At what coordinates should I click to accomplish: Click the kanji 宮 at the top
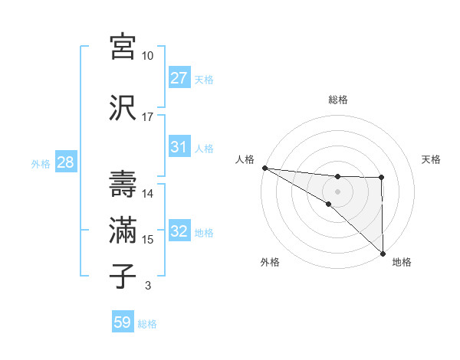tap(123, 47)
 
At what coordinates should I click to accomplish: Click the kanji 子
tap(123, 275)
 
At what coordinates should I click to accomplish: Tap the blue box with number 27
tap(179, 78)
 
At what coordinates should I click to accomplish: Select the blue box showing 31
tap(179, 147)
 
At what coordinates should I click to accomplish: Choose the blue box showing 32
tap(179, 231)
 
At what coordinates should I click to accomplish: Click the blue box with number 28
tap(64, 162)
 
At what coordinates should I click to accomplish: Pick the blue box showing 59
tap(123, 322)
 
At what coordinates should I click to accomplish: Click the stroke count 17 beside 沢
tap(147, 117)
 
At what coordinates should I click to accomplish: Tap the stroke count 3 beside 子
tap(147, 286)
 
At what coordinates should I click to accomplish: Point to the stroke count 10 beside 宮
tap(147, 56)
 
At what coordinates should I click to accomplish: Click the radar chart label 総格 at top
tap(338, 100)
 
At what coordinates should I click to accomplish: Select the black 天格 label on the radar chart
tap(432, 159)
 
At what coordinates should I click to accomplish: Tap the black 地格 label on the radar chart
tap(402, 262)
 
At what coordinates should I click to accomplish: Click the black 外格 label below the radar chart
tap(270, 262)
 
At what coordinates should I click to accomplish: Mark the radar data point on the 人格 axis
tap(264, 168)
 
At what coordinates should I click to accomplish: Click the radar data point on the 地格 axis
tap(383, 253)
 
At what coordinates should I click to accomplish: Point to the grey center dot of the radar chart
tap(338, 191)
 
